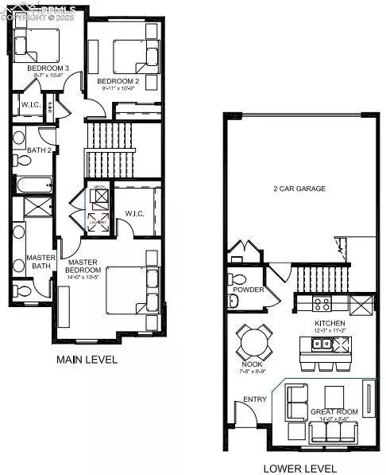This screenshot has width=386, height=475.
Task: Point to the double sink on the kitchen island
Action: pos(322,344)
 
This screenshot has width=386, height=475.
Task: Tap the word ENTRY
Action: pos(254,399)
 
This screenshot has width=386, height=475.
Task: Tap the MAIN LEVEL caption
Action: pos(87,360)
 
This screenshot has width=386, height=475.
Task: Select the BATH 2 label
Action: pos(39,150)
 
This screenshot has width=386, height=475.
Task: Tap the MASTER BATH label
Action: pos(39,262)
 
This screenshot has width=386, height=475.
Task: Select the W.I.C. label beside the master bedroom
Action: pos(134,212)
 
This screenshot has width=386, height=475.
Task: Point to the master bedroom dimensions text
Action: pos(83,278)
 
